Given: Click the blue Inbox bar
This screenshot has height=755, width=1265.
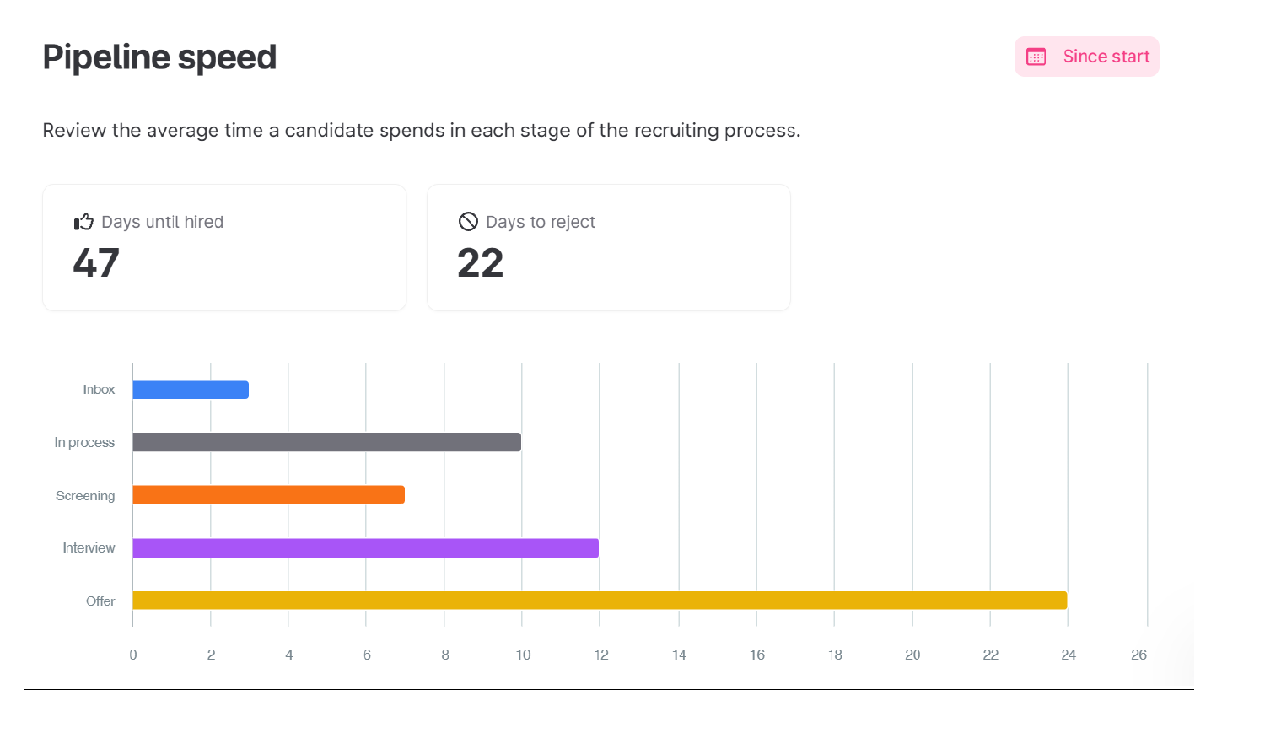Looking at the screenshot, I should pos(191,390).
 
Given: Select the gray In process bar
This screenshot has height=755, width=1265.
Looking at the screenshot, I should pos(326,442).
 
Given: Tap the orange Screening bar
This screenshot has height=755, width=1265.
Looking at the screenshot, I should pos(268,495).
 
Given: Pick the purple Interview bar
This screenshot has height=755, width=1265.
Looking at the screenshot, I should pos(365,548).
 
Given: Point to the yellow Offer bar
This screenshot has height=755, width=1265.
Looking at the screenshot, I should pos(600,601).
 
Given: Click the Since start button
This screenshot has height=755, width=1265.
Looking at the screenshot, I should pos(1086,57).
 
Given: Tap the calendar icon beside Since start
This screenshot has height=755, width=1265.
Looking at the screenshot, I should pos(1036,57).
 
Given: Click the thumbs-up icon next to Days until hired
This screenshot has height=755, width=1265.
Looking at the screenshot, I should pos(83,222).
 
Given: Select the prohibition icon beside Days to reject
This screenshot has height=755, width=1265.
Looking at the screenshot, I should pos(468,222).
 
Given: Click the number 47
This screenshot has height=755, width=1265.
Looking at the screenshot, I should pos(96,262).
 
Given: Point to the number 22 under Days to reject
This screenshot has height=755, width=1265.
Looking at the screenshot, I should pos(480,262).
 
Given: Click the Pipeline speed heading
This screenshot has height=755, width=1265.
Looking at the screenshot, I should pos(159,57).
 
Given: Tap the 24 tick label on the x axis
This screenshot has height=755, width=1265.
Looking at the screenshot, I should pos(1069,655).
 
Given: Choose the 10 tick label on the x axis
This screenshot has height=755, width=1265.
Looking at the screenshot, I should pos(523,655).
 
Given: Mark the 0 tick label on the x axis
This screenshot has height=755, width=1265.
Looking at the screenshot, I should pos(133,655).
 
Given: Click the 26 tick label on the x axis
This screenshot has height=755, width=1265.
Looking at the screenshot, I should pos(1138,655).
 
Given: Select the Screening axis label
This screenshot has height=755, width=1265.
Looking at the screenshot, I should pos(85,496).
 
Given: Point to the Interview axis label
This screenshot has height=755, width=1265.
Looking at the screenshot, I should pos(89,548).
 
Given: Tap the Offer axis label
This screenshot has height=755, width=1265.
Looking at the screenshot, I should pos(100,601).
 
